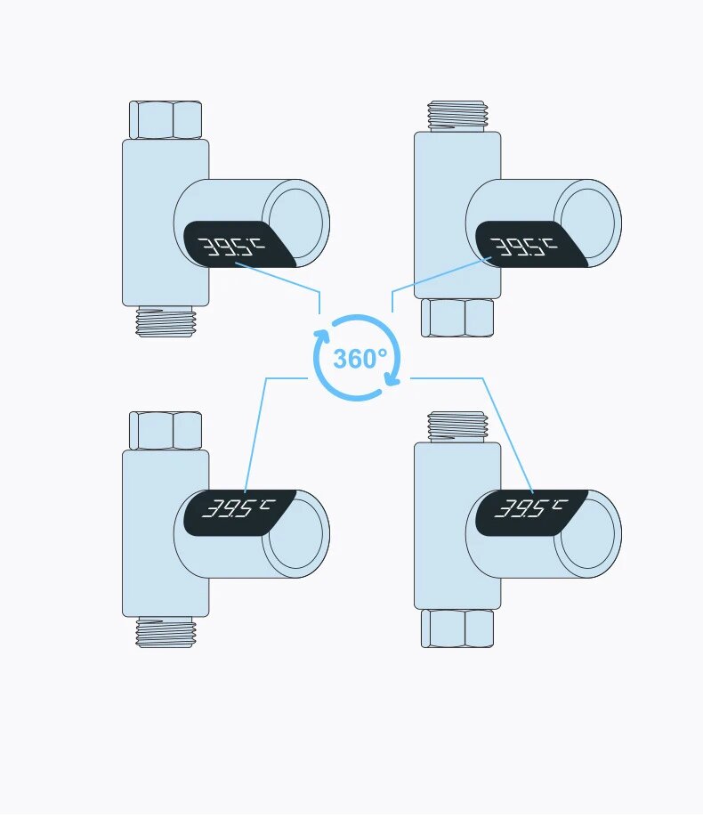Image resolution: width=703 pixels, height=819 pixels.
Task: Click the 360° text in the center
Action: click(x=360, y=359)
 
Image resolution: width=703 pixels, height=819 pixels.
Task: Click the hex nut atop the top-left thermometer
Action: click(x=166, y=119)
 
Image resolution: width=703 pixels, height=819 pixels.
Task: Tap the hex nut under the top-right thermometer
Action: click(x=457, y=317)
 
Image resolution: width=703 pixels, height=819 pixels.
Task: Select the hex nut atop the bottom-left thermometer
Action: click(x=166, y=430)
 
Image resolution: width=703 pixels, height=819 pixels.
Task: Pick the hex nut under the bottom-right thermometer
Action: click(x=457, y=628)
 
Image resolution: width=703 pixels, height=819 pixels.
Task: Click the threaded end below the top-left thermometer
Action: click(x=166, y=321)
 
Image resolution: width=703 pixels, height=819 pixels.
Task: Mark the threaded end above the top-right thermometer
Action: click(x=457, y=116)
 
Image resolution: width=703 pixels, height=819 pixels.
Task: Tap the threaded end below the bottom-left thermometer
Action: click(x=166, y=632)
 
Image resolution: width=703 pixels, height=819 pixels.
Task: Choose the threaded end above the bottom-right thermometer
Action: click(x=457, y=426)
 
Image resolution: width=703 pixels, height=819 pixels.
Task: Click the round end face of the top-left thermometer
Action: click(x=297, y=223)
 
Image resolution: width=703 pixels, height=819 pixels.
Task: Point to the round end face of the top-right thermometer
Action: click(x=589, y=223)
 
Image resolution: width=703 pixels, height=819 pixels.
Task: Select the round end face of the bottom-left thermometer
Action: click(x=297, y=533)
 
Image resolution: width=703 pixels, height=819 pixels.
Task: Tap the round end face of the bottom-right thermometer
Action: click(x=589, y=533)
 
